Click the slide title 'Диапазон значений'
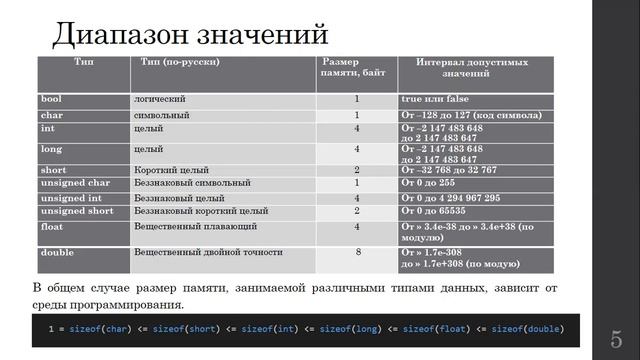(190, 33)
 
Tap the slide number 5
(616, 338)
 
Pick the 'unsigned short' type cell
(76, 211)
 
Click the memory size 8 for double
(357, 253)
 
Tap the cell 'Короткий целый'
(171, 170)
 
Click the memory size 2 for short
(357, 170)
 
